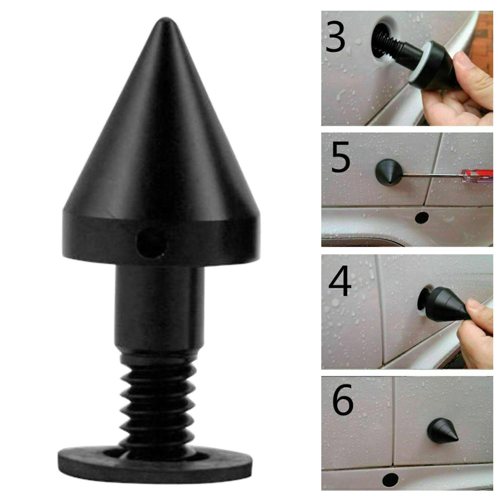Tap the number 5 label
(x=340, y=157)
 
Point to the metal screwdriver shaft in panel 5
(x=431, y=174)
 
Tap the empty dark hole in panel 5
(x=422, y=217)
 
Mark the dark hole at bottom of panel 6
(x=391, y=478)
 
